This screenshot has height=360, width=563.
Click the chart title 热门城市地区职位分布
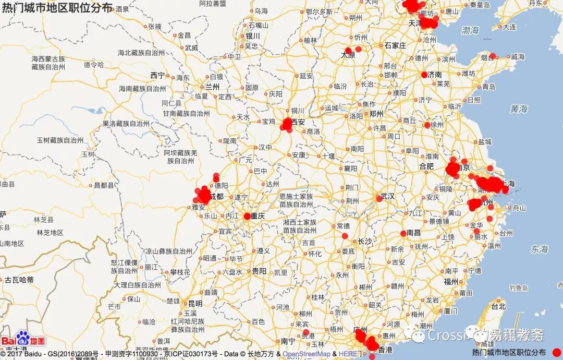pyautogui.click(x=57, y=7)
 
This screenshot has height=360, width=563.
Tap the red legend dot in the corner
pyautogui.click(x=556, y=352)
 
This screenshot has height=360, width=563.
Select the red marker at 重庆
pyautogui.click(x=247, y=215)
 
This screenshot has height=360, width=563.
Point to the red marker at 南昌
pyautogui.click(x=403, y=233)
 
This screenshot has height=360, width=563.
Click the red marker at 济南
pyautogui.click(x=424, y=75)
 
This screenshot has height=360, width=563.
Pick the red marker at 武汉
pyautogui.click(x=380, y=198)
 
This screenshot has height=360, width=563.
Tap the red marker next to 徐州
pyautogui.click(x=427, y=125)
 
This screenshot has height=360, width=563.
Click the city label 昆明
pyautogui.click(x=195, y=303)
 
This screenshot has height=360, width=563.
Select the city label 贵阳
pyautogui.click(x=259, y=271)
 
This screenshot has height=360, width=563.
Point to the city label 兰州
pyautogui.click(x=213, y=87)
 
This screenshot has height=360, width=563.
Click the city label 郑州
pyautogui.click(x=376, y=114)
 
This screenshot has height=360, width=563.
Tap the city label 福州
pyautogui.click(x=451, y=281)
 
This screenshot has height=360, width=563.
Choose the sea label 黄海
pyautogui.click(x=519, y=109)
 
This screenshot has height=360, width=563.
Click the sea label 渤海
pyautogui.click(x=470, y=31)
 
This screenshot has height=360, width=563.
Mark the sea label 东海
pyautogui.click(x=540, y=249)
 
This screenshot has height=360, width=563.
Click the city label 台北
pyautogui.click(x=499, y=306)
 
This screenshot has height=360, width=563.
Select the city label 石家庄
pyautogui.click(x=395, y=45)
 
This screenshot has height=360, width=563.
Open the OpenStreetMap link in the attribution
pyautogui.click(x=307, y=354)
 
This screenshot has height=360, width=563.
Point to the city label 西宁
pyautogui.click(x=157, y=75)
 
